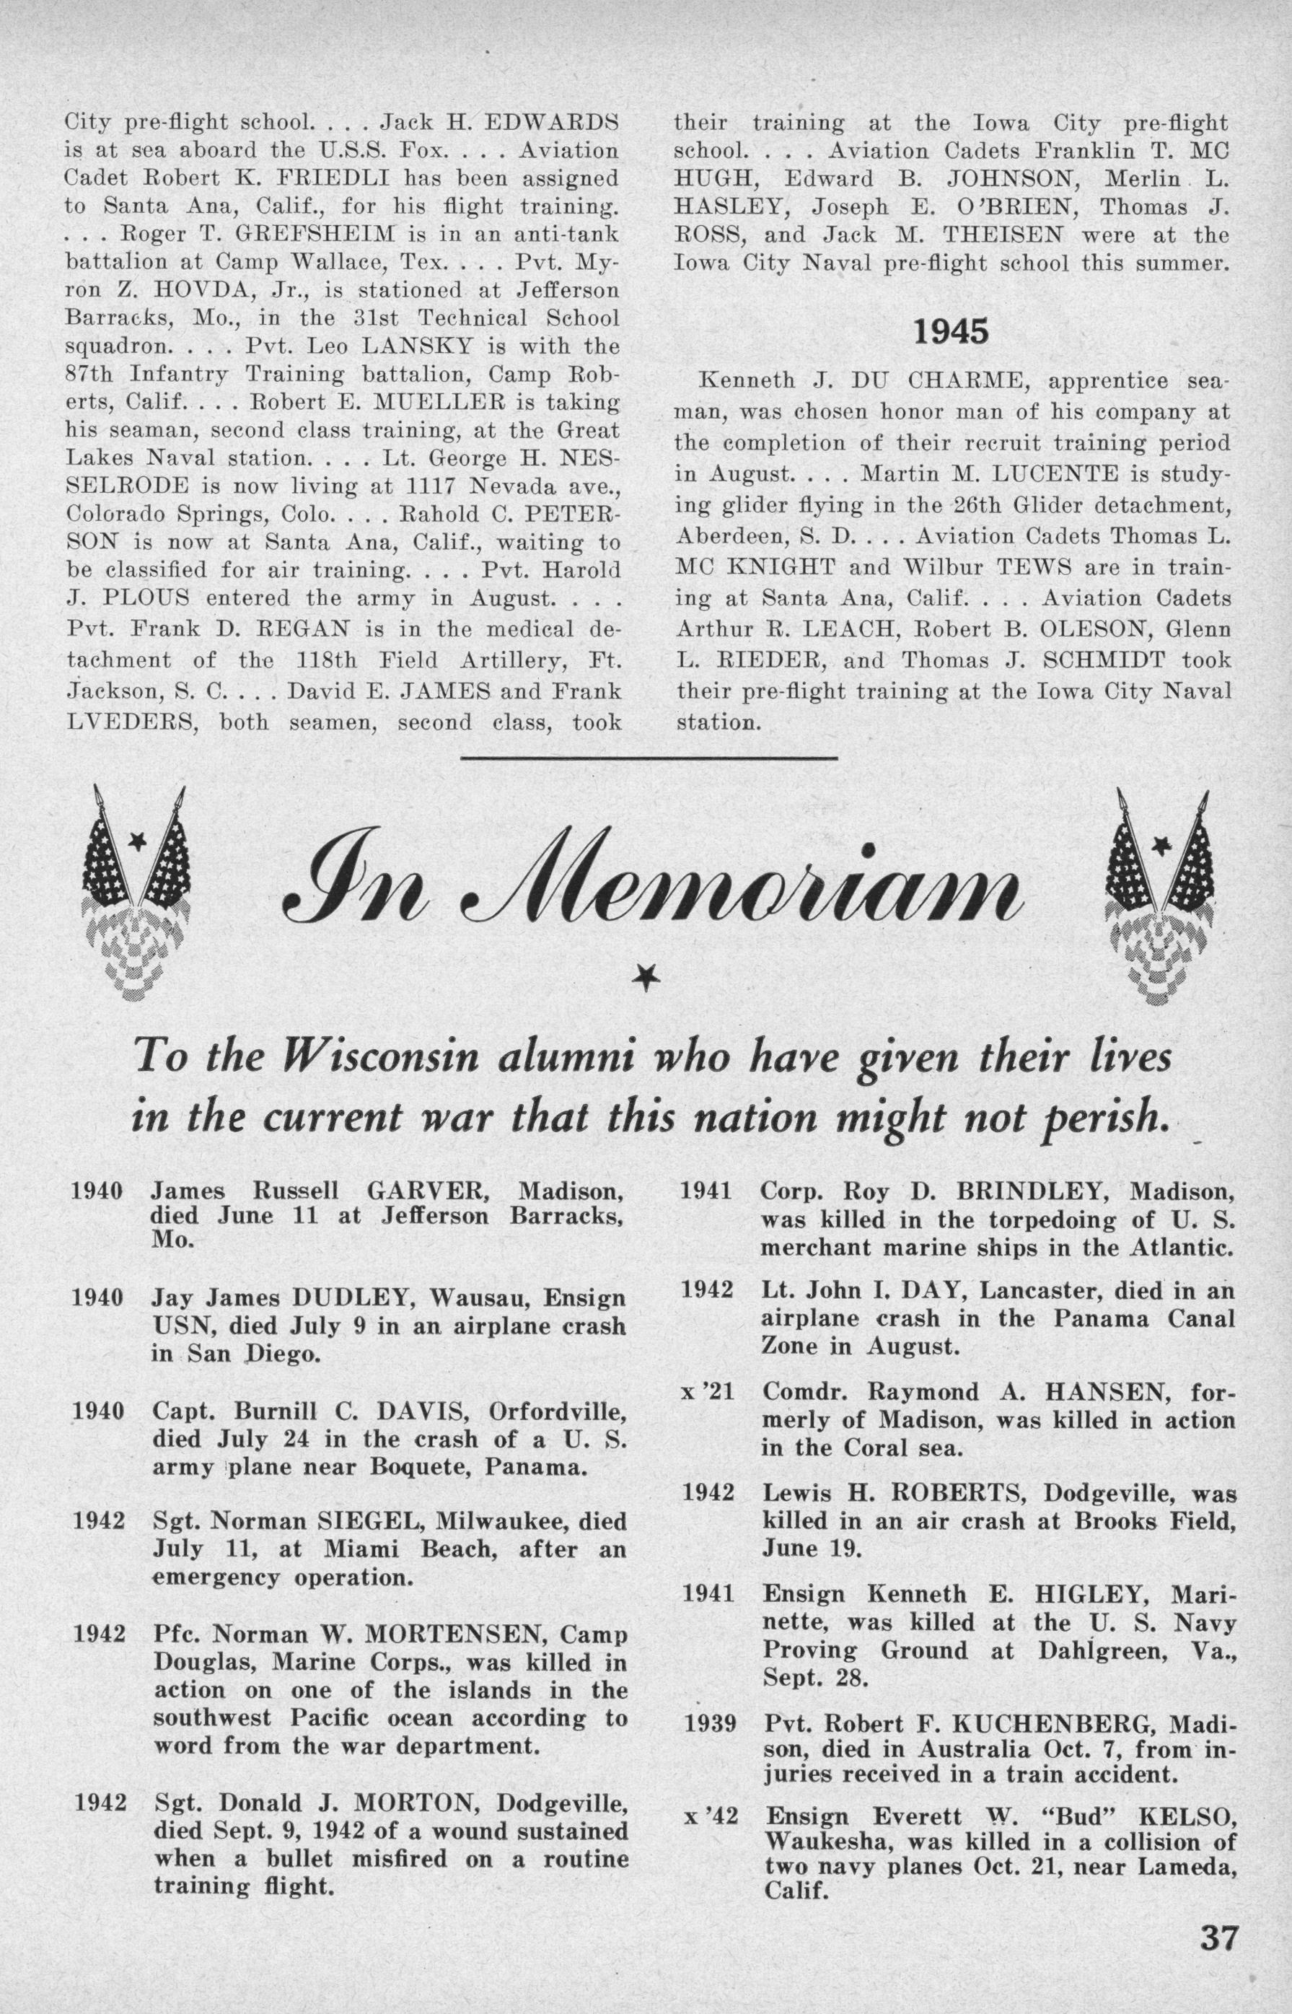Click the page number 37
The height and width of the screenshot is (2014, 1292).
coord(1214,1958)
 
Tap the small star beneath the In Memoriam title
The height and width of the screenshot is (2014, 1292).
coord(644,976)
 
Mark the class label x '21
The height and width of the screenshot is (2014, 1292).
coord(710,1392)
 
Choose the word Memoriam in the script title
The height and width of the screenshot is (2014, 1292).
coord(738,890)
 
